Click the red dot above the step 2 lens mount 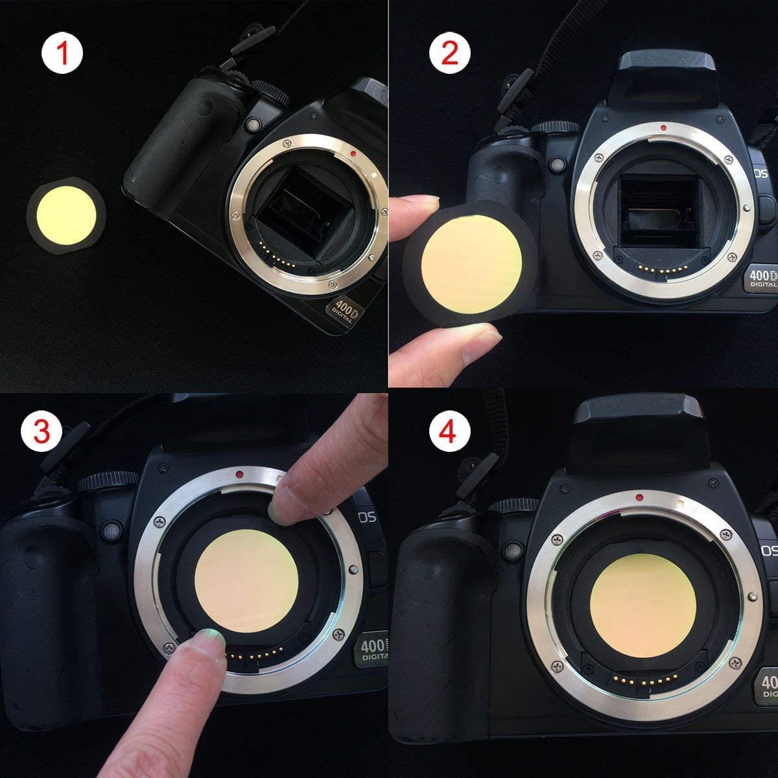click(662, 128)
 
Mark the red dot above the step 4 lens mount click(639, 498)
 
